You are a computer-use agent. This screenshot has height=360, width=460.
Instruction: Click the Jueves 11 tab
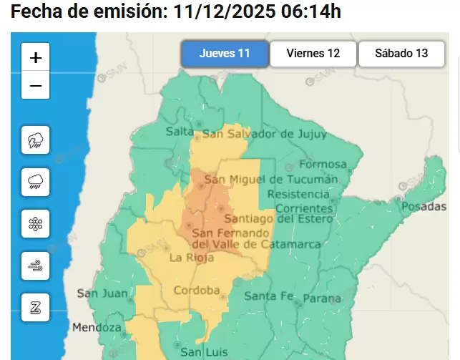[225, 54]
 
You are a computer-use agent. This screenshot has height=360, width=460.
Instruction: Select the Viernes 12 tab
[313, 54]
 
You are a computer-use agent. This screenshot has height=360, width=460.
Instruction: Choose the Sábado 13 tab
[401, 54]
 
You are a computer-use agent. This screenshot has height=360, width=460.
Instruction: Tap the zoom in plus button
[36, 58]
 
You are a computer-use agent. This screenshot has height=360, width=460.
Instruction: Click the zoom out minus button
[36, 87]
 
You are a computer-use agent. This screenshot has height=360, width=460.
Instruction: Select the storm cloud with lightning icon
[36, 140]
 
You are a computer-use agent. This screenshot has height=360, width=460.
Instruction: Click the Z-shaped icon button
[36, 308]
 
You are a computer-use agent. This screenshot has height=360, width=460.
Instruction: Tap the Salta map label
[180, 131]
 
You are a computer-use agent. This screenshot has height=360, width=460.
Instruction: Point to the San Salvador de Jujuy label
[265, 134]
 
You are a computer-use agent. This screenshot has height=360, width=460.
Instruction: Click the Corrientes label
[305, 208]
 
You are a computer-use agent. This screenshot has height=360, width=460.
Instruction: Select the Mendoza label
[97, 328]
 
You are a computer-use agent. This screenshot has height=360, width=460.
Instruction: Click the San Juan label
[102, 293]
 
